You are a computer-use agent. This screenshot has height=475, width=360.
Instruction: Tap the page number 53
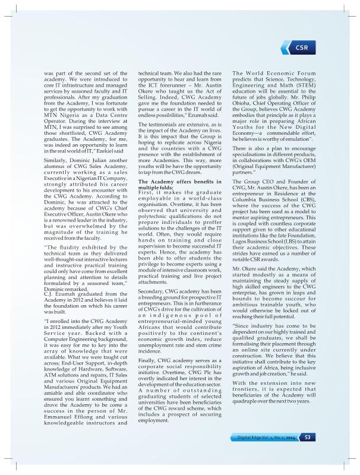(308, 438)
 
